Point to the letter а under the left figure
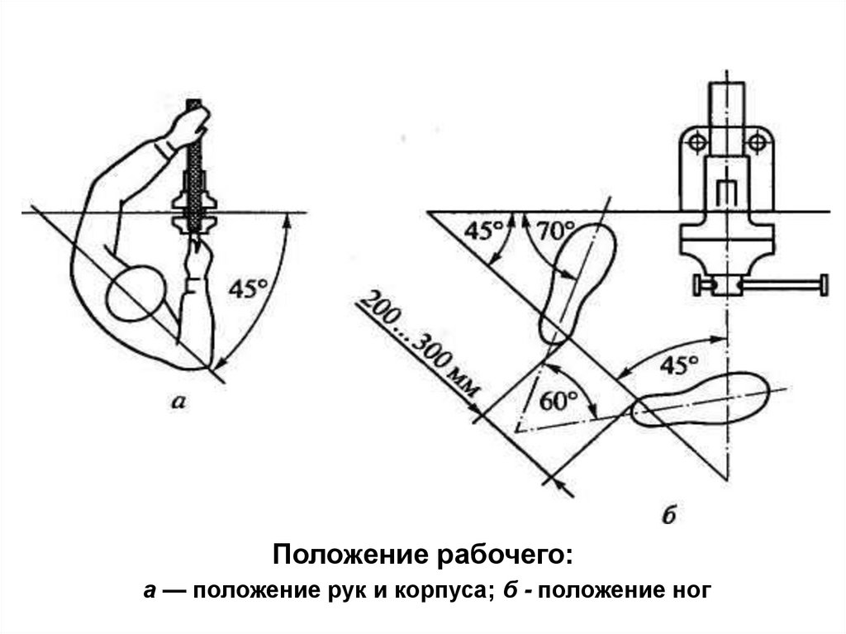coord(177,403)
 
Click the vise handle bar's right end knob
coord(823,285)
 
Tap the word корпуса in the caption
coord(440,593)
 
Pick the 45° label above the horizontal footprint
coord(679,365)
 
